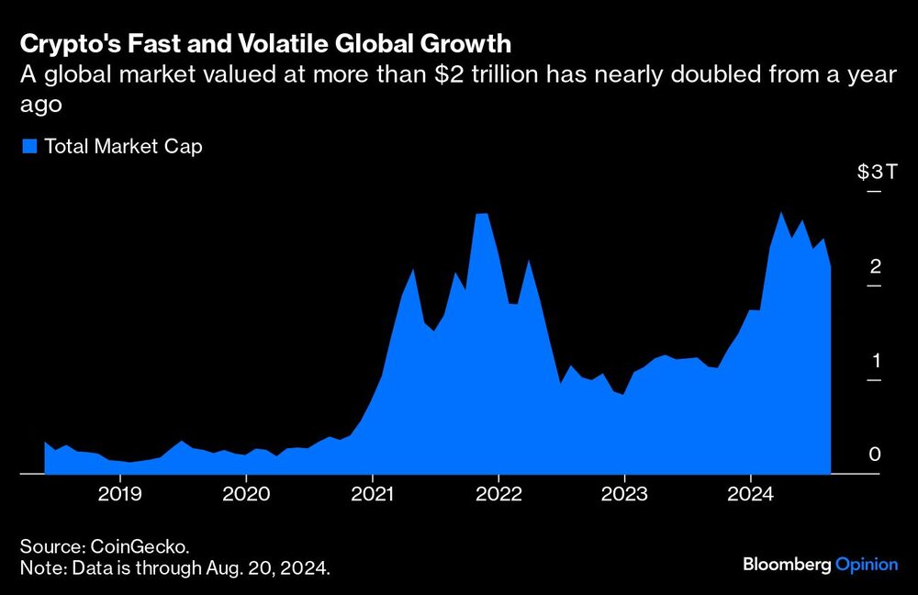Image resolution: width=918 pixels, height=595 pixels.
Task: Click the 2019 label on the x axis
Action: [120, 492]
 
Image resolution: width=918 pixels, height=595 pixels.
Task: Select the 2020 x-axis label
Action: [246, 492]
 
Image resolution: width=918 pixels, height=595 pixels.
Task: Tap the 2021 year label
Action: [372, 492]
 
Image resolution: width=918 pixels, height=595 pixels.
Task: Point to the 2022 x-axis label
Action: [498, 492]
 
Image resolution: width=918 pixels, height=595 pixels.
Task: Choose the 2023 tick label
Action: [624, 492]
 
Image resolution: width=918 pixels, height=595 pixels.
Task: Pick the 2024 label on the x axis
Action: [751, 492]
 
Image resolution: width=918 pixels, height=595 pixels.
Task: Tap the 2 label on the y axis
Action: [875, 266]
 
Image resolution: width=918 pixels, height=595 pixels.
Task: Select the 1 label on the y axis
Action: [875, 360]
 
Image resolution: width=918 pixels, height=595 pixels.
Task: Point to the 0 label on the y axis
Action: [875, 455]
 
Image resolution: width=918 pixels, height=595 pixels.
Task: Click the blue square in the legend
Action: [28, 146]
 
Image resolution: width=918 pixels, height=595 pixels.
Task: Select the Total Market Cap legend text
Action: [123, 146]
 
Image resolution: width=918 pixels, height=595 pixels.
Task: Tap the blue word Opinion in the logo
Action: [867, 564]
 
